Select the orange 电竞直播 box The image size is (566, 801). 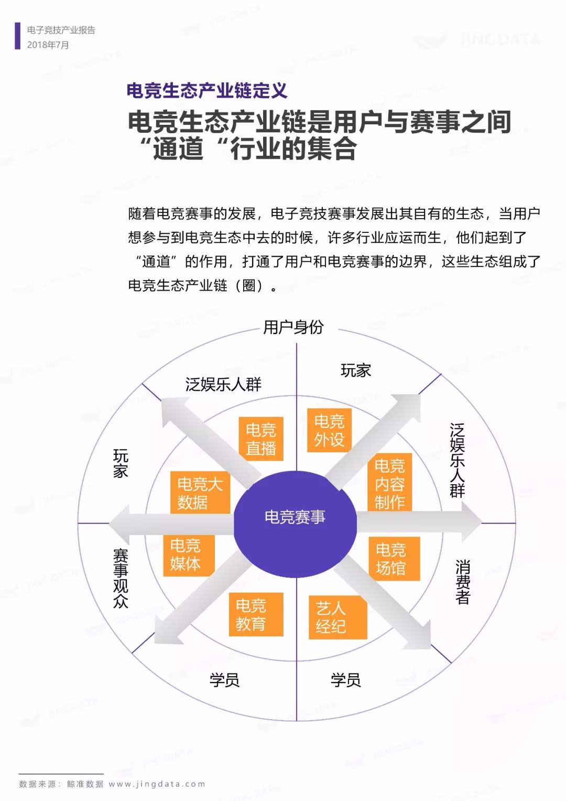point(261,439)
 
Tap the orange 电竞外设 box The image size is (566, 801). point(329,430)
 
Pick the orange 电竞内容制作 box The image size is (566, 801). point(390,482)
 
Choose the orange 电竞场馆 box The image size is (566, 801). point(394,558)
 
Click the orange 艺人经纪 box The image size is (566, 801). point(338,617)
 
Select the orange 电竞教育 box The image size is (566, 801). point(256,614)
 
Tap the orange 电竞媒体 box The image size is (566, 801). point(189,556)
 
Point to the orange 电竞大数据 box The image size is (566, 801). point(200,493)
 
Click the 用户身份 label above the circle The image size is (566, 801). point(293,327)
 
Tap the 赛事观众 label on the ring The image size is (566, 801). point(121,579)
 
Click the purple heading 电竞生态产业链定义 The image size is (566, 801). point(207,90)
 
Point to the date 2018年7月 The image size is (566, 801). point(48,45)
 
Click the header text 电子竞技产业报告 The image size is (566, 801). point(61,30)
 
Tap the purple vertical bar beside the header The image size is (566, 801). point(17,36)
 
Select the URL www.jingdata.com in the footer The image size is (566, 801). point(157,784)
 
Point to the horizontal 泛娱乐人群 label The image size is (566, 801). point(223,385)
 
